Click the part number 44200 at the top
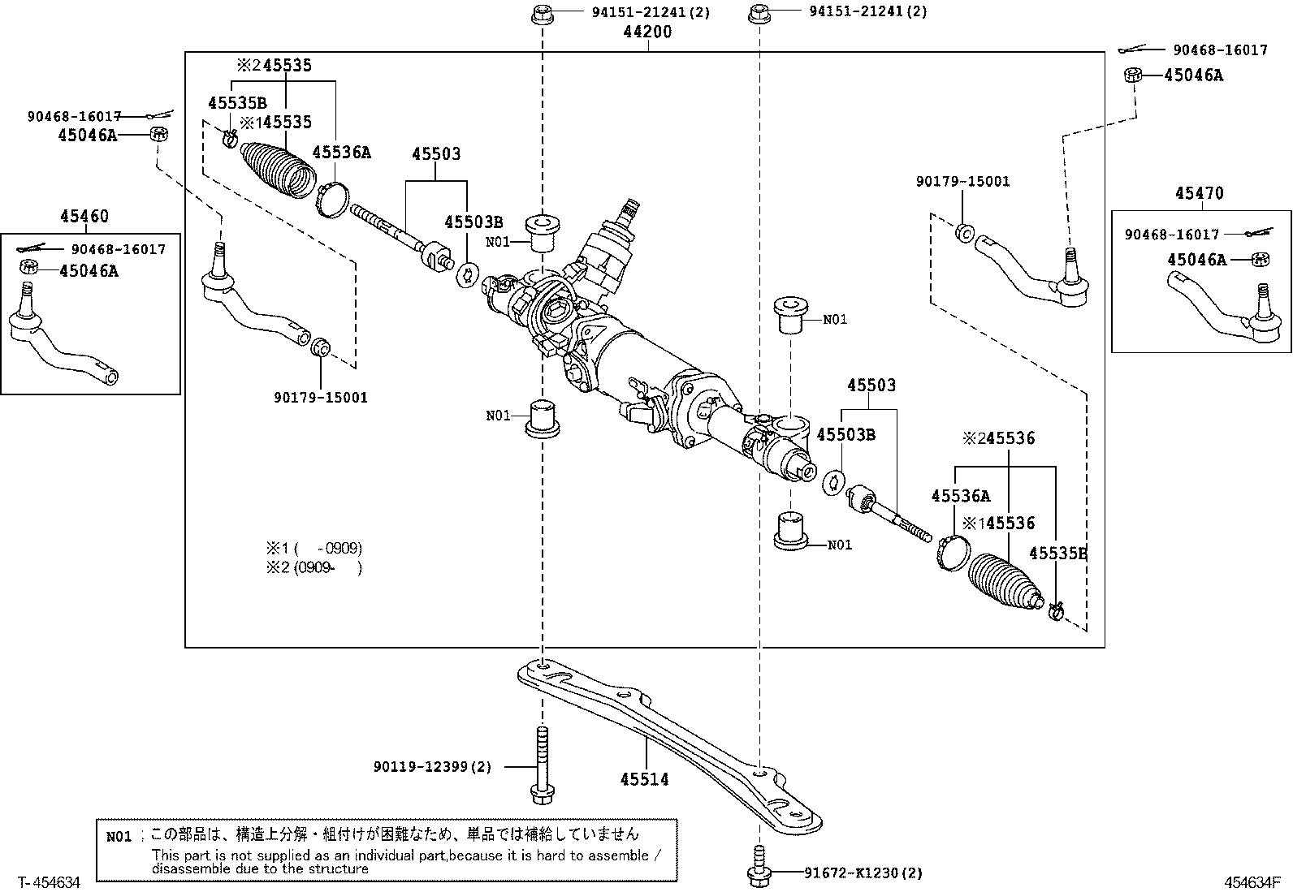pyautogui.click(x=647, y=32)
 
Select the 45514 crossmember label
pyautogui.click(x=644, y=779)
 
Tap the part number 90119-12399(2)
pyautogui.click(x=432, y=767)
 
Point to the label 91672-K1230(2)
pyautogui.click(x=863, y=873)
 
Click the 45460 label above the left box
pyautogui.click(x=84, y=217)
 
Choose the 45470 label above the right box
pyautogui.click(x=1200, y=193)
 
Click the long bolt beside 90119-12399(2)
pyautogui.click(x=542, y=765)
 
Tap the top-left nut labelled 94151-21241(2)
pyautogui.click(x=542, y=15)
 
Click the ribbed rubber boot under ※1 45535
pyautogui.click(x=279, y=170)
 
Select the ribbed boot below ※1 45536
pyautogui.click(x=1005, y=581)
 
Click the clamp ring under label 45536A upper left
pyautogui.click(x=332, y=200)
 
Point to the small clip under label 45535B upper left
pyautogui.click(x=230, y=138)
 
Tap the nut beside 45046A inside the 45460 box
pyautogui.click(x=29, y=267)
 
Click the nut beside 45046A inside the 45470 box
pyautogui.click(x=1260, y=260)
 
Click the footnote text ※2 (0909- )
pyautogui.click(x=314, y=567)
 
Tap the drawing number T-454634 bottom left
pyautogui.click(x=49, y=882)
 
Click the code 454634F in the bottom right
pyautogui.click(x=1252, y=882)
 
